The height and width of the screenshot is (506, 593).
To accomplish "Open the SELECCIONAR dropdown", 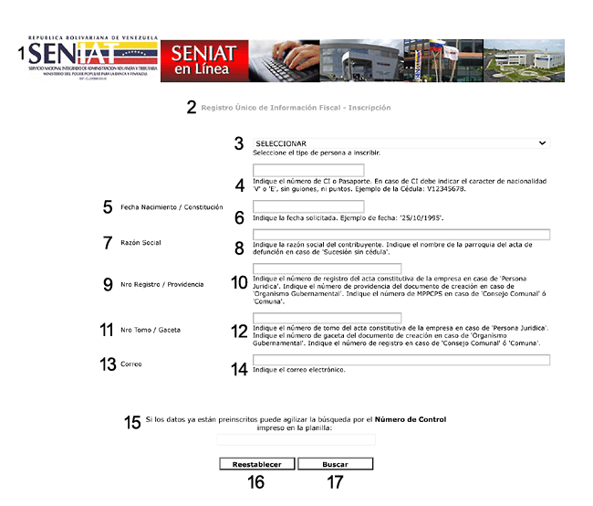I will pos(401,143).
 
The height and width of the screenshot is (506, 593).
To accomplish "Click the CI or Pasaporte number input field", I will pos(308,171).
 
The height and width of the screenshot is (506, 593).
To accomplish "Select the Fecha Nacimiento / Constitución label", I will pos(172,207).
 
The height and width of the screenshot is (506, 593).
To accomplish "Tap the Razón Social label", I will pos(140,243).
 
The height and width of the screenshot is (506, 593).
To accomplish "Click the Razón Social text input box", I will pos(401,235).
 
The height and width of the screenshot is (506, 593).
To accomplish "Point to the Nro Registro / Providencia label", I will pos(162,284).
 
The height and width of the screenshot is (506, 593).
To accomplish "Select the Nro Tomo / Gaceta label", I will pos(151,329).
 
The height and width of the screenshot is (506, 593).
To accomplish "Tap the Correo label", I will pos(131,364).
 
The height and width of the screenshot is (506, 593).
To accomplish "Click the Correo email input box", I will pos(401,360).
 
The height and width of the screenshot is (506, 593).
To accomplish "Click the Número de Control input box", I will pos(296,439).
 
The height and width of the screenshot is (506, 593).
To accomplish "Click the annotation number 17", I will pos(335,482).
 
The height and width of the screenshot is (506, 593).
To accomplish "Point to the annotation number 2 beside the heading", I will pos(192,108).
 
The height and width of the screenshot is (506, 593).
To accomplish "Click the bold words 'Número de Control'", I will pos(411,419).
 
